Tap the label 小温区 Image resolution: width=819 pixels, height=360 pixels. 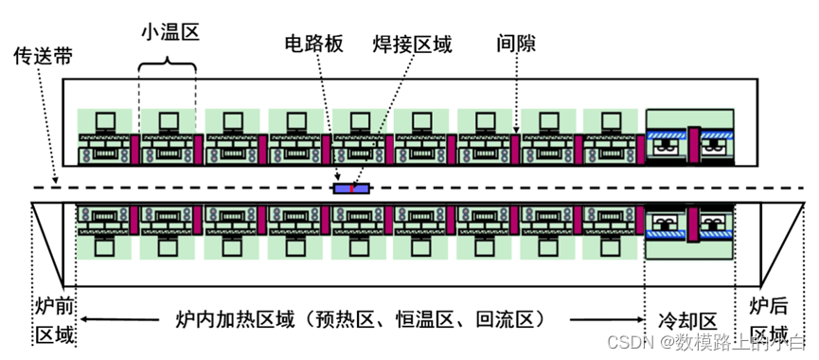click(x=168, y=31)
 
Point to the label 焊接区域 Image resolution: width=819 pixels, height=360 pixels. click(x=407, y=45)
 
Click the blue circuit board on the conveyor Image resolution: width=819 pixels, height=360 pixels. click(x=351, y=188)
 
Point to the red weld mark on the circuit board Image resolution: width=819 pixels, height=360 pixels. click(x=351, y=188)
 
